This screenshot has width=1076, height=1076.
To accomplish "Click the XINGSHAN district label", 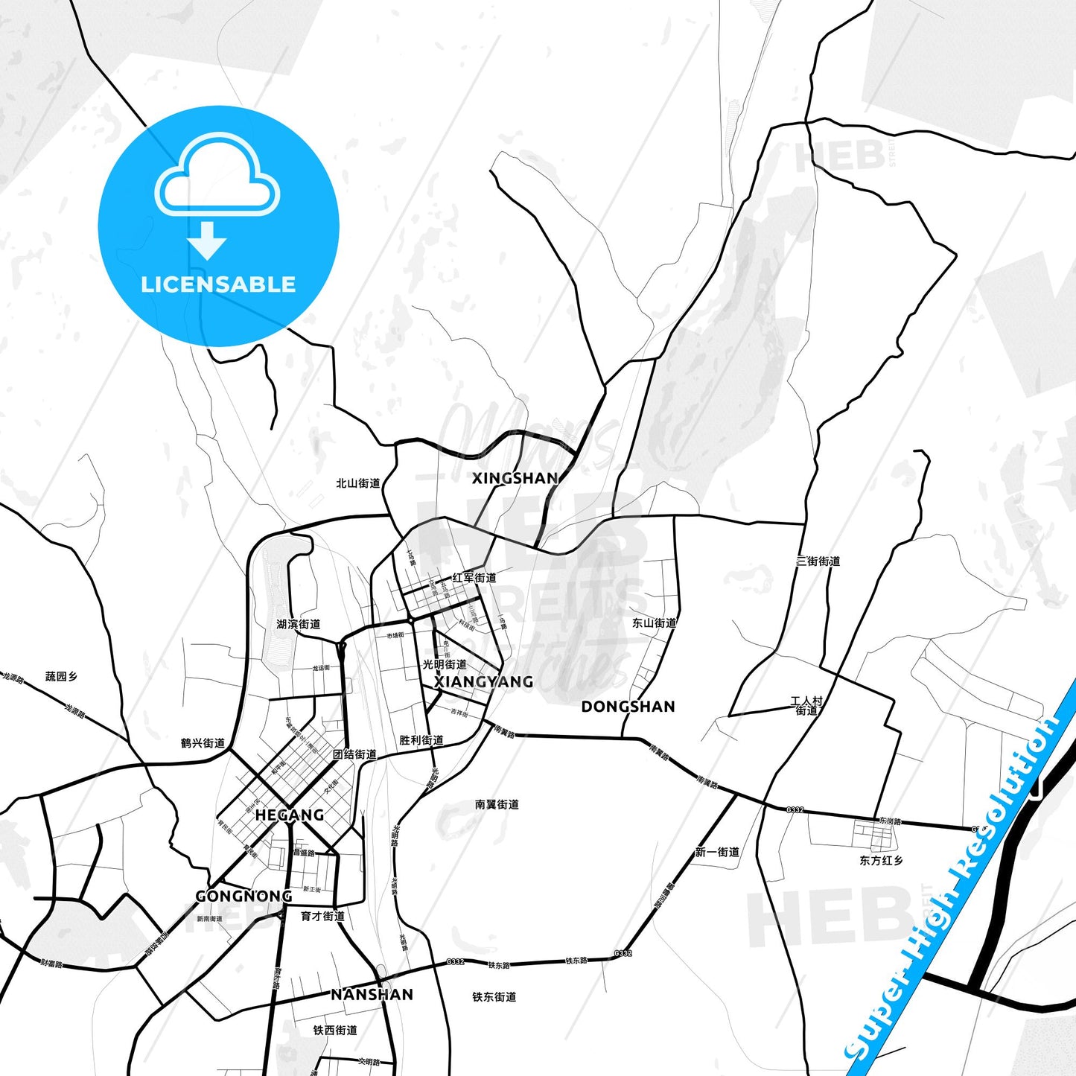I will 515,478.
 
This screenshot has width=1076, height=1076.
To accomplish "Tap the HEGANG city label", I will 289,815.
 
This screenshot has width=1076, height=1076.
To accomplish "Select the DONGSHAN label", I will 628,706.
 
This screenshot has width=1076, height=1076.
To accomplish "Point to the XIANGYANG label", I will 483,681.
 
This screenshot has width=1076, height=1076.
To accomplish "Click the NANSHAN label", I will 372,994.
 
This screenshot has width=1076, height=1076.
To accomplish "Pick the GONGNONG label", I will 243,896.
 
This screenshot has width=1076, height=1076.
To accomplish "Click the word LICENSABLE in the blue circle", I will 218,284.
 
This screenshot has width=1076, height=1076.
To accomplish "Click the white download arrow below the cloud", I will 207,240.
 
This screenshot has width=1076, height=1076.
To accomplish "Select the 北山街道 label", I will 357,483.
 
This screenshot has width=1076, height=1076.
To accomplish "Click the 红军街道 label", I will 474,578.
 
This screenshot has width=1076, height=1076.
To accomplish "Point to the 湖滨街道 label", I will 298,624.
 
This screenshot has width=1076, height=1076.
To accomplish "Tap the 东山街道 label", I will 654,623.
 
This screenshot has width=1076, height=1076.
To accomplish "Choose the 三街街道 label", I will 818,561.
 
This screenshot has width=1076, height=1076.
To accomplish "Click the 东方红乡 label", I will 881,860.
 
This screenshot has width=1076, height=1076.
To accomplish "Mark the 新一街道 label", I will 717,852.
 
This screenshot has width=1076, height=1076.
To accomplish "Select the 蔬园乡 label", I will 61,677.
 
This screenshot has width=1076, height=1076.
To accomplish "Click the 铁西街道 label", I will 335,1031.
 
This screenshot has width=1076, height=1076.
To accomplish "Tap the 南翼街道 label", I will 497,804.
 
